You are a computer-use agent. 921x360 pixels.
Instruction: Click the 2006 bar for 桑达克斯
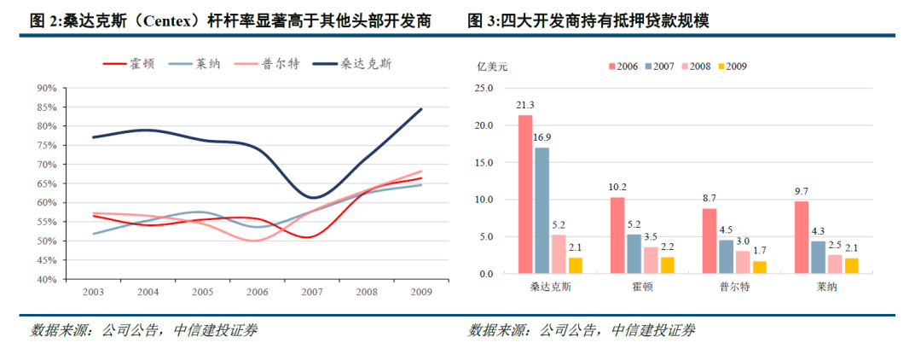tap(525, 195)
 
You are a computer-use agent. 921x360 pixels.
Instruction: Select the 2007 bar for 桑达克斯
tap(542, 211)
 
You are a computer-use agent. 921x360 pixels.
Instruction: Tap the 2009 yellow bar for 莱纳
tap(852, 265)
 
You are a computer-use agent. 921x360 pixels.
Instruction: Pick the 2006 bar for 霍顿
tap(617, 235)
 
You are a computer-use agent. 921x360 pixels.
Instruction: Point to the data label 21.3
tap(525, 106)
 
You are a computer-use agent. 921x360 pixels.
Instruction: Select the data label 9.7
tap(802, 192)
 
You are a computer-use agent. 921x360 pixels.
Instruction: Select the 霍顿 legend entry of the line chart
tap(129, 63)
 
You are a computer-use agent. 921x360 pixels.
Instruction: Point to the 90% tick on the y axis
tap(47, 88)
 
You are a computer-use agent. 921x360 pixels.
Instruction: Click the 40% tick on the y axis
tap(47, 279)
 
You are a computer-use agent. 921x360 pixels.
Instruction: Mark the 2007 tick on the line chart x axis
tap(311, 292)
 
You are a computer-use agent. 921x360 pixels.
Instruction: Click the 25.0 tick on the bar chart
tap(484, 88)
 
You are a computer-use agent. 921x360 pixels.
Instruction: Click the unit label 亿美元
tap(492, 66)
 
